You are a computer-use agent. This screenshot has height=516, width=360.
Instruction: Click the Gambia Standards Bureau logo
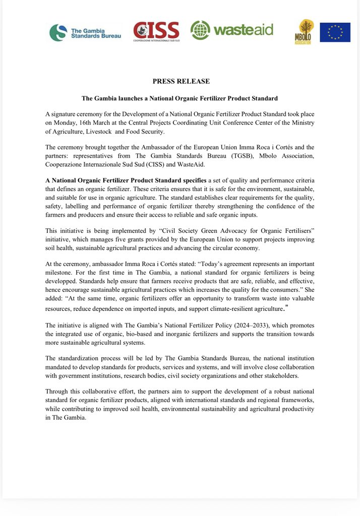pos(85,32)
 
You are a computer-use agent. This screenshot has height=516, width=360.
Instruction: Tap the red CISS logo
pos(156,31)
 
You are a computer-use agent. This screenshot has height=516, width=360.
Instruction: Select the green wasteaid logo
pos(231,30)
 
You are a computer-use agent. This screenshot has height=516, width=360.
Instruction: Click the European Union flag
pos(335,32)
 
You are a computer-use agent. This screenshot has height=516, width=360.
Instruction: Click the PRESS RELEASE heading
pos(181,81)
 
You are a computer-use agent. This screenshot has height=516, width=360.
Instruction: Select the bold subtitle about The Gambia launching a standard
pos(180,98)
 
